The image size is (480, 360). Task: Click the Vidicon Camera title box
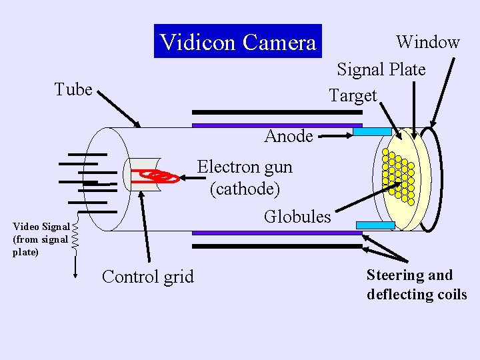(238, 42)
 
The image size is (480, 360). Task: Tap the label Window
(427, 42)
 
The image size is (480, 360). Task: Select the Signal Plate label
(381, 69)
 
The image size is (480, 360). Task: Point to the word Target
(353, 96)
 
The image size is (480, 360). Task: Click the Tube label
(73, 89)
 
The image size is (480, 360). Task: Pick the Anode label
(288, 136)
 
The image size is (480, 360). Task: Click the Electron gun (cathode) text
(245, 177)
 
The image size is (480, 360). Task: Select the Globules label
(297, 217)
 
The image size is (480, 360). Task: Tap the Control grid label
(147, 277)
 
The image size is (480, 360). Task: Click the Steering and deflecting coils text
(416, 285)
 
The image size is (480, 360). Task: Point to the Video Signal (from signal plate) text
(41, 239)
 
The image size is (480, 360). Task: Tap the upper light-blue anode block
(372, 131)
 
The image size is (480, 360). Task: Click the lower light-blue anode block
(375, 225)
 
